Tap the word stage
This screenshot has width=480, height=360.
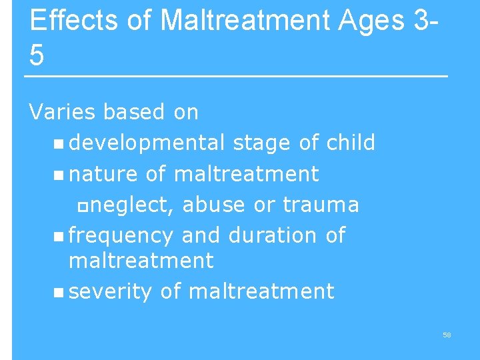[261, 143]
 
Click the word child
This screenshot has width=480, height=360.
[351, 143]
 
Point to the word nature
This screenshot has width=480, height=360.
[103, 174]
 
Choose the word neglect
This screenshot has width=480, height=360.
[132, 205]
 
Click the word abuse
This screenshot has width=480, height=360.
[213, 205]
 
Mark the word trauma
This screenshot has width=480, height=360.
[321, 205]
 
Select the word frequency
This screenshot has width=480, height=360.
[121, 236]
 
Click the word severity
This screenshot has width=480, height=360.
[111, 291]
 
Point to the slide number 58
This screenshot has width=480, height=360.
[447, 335]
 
